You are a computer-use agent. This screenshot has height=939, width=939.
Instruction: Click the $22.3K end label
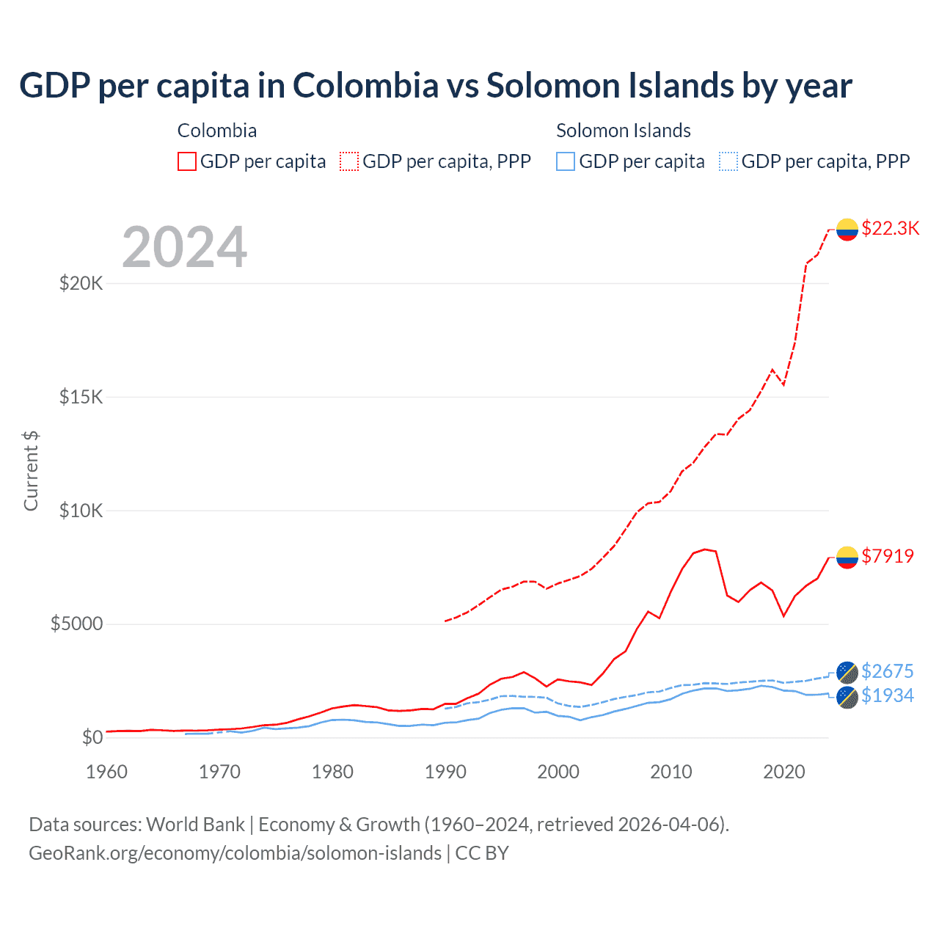coord(890,228)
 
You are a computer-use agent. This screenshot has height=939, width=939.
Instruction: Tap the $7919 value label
coord(888,556)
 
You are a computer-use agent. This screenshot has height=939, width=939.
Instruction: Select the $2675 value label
coord(887,671)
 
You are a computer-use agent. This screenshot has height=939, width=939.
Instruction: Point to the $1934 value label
coord(887,695)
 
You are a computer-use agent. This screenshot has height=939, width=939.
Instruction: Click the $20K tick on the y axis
coord(81,283)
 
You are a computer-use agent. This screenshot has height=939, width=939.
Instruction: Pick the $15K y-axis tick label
coord(81,397)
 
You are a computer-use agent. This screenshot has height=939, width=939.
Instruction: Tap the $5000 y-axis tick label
coord(76,624)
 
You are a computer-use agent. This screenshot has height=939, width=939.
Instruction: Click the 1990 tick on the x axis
coord(445,772)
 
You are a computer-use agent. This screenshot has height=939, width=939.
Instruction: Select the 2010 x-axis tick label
coord(671,772)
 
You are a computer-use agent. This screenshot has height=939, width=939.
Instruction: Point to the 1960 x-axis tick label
coord(106,772)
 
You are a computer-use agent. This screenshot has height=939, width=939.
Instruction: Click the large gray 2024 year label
coord(184,247)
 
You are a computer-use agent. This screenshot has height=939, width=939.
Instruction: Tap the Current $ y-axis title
coord(31,470)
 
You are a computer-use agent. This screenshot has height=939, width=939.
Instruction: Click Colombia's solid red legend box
coord(187,161)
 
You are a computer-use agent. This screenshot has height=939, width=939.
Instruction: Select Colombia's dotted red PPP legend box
coord(349,161)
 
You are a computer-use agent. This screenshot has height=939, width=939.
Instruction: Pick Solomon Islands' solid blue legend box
coord(566,161)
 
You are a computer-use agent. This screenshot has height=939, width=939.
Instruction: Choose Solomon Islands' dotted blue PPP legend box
coord(728,161)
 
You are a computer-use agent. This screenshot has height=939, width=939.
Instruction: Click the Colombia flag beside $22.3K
coord(847,230)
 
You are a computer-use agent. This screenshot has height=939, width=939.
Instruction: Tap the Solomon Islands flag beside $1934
coord(847,697)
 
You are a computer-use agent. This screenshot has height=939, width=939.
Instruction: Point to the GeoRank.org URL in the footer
coord(235,853)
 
